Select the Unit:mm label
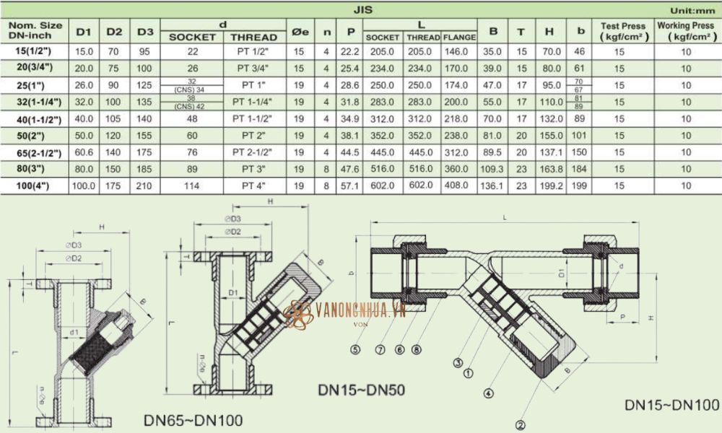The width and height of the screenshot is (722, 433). pos(691,11)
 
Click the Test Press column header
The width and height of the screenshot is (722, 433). pos(618,30)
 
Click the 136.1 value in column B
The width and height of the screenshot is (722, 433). pos(493,185)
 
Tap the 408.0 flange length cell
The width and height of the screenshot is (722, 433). pos(458,185)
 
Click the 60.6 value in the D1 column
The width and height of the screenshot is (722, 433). pos(84,152)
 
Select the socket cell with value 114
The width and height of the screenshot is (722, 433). pos(191,185)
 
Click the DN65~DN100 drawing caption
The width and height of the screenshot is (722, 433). pos(193,419)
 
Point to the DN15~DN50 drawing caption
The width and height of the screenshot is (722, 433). pos(361,390)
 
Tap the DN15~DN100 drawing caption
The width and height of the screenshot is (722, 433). pos(671,405)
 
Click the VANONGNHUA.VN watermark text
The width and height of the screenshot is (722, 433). pos(361,310)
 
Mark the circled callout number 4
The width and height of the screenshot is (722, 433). pos(488,393)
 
